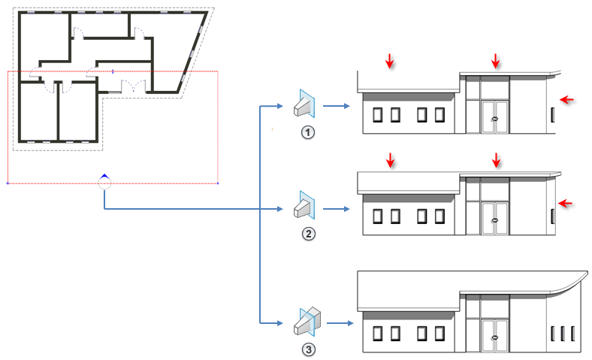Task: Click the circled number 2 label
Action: click(x=307, y=233)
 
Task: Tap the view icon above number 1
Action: click(x=305, y=103)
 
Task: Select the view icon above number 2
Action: click(x=305, y=205)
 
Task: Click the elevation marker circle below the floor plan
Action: click(x=104, y=182)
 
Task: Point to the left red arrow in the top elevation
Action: click(x=389, y=60)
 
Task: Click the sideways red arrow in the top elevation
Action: click(x=567, y=98)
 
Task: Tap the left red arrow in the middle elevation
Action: click(x=389, y=160)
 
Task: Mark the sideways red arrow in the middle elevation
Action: click(x=567, y=201)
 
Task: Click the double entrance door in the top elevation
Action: click(x=494, y=116)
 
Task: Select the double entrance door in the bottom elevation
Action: click(x=494, y=333)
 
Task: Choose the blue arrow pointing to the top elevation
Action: click(x=337, y=106)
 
